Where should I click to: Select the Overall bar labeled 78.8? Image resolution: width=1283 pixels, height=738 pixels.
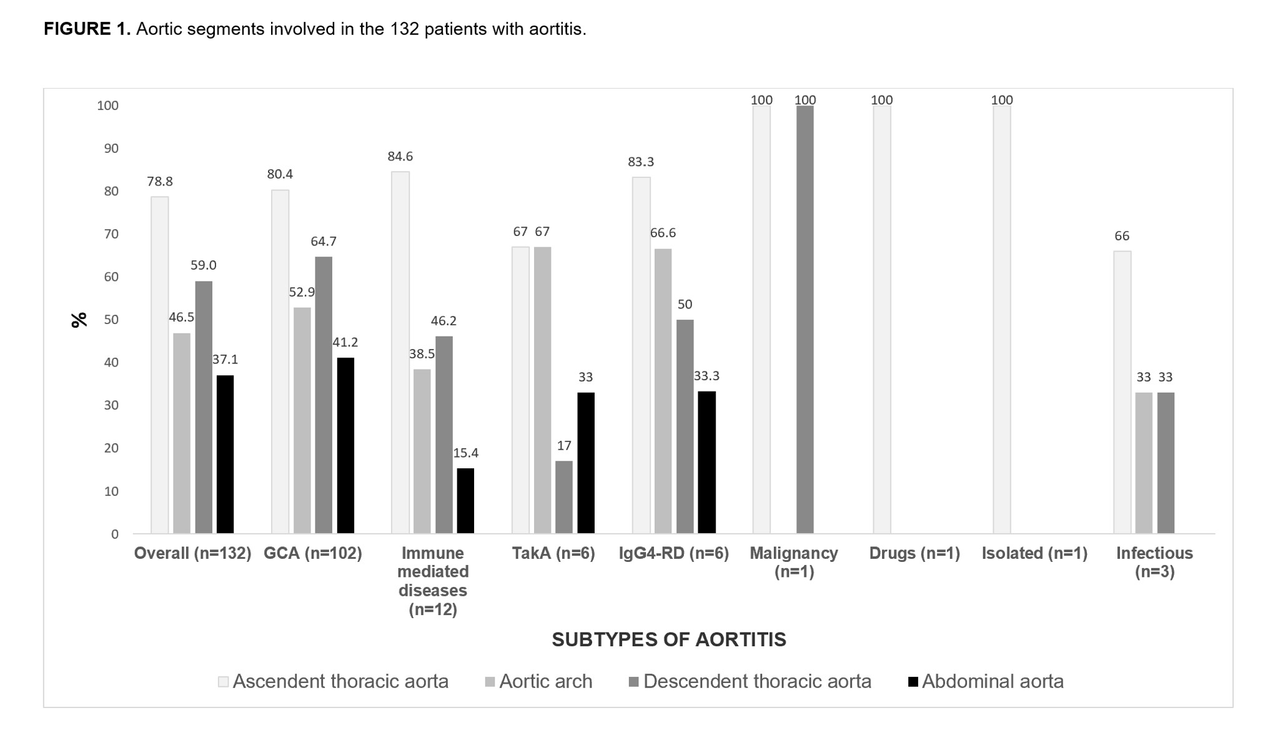pyautogui.click(x=160, y=365)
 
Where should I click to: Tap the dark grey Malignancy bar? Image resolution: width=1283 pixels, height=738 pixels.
pyautogui.click(x=805, y=319)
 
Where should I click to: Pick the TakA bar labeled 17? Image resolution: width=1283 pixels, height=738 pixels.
pyautogui.click(x=563, y=497)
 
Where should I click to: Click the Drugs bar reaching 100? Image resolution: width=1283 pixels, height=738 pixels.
pyautogui.click(x=882, y=319)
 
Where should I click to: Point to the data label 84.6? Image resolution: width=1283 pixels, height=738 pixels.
pyautogui.click(x=400, y=156)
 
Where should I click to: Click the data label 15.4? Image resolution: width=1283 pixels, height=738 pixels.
pyautogui.click(x=465, y=453)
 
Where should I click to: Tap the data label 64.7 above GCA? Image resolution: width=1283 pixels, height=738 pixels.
pyautogui.click(x=324, y=242)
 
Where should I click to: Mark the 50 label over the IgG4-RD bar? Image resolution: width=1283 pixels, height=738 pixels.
pyautogui.click(x=685, y=305)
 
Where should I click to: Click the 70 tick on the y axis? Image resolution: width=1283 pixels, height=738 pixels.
pyautogui.click(x=111, y=234)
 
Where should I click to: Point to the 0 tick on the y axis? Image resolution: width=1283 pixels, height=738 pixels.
pyautogui.click(x=114, y=534)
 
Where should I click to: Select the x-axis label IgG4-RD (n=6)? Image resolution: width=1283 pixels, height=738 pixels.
pyautogui.click(x=673, y=554)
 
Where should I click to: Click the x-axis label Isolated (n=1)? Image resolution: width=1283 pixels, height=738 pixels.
pyautogui.click(x=1034, y=554)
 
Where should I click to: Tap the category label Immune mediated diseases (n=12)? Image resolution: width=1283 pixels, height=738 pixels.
pyautogui.click(x=432, y=581)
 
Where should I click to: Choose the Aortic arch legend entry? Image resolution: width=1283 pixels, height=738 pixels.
pyautogui.click(x=545, y=681)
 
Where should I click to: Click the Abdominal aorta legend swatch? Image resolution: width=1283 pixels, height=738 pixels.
pyautogui.click(x=913, y=682)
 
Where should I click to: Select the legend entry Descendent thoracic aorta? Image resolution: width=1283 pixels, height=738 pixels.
pyautogui.click(x=756, y=681)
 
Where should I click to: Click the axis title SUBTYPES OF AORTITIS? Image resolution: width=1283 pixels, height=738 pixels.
pyautogui.click(x=668, y=639)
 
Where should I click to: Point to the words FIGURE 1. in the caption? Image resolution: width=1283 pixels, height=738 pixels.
pyautogui.click(x=87, y=29)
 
